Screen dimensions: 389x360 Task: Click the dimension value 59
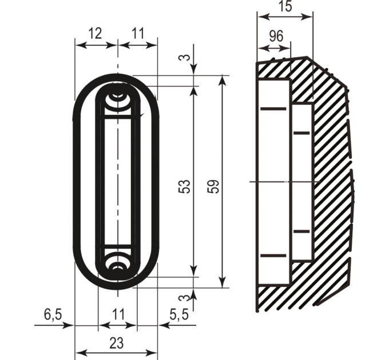[213, 186]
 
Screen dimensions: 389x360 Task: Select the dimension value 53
[184, 186]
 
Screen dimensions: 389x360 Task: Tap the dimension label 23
[116, 343]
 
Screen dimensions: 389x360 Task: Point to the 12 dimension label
[95, 33]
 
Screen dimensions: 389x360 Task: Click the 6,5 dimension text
[53, 315]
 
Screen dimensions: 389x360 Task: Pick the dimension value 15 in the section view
[285, 6]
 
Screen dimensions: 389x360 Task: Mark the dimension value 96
[276, 36]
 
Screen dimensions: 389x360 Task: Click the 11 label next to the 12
[138, 33]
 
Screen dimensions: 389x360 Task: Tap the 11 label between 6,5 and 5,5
[118, 314]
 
